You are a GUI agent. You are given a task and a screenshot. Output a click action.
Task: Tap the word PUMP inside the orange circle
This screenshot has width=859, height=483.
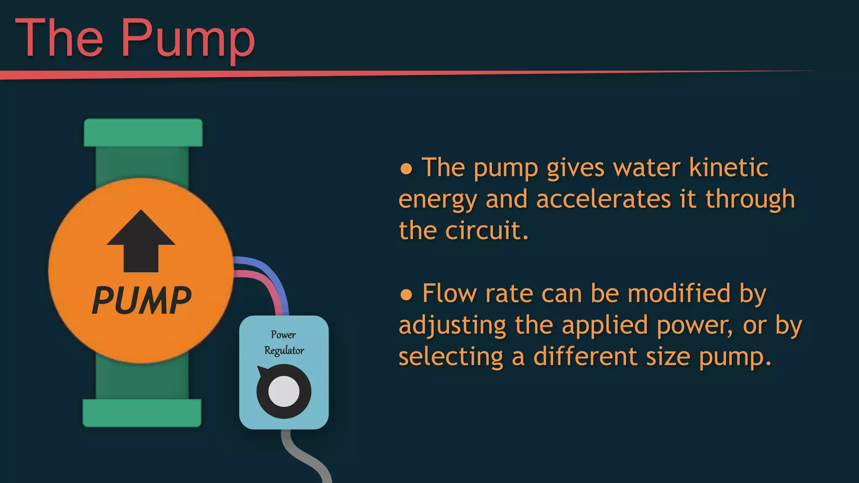[x=141, y=300]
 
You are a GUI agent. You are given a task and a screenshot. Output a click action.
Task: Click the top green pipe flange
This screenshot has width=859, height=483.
[x=143, y=132]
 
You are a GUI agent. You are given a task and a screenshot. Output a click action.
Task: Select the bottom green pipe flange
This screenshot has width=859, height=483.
[x=142, y=413]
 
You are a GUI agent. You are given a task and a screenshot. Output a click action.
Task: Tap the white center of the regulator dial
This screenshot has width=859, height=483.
[x=284, y=392]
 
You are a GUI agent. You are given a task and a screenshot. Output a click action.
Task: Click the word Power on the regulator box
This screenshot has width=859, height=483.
[x=283, y=335]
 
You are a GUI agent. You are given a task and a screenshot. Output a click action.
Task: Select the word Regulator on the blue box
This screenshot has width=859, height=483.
[x=284, y=351]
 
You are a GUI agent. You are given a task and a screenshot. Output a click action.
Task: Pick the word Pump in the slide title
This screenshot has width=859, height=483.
[x=188, y=39]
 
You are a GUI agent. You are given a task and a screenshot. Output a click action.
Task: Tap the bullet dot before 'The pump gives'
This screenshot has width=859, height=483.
[x=406, y=169]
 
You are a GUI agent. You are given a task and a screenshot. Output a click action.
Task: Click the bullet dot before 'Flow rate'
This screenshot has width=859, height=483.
[x=406, y=295]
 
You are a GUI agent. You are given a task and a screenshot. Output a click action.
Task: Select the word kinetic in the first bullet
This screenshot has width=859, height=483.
[x=729, y=167]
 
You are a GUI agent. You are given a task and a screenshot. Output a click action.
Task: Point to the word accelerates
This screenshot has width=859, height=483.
[x=604, y=199]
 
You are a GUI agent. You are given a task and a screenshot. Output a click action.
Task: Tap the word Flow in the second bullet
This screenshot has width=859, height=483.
[x=448, y=293]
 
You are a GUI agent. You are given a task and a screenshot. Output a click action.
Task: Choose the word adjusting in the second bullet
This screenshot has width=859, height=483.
[x=453, y=326]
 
